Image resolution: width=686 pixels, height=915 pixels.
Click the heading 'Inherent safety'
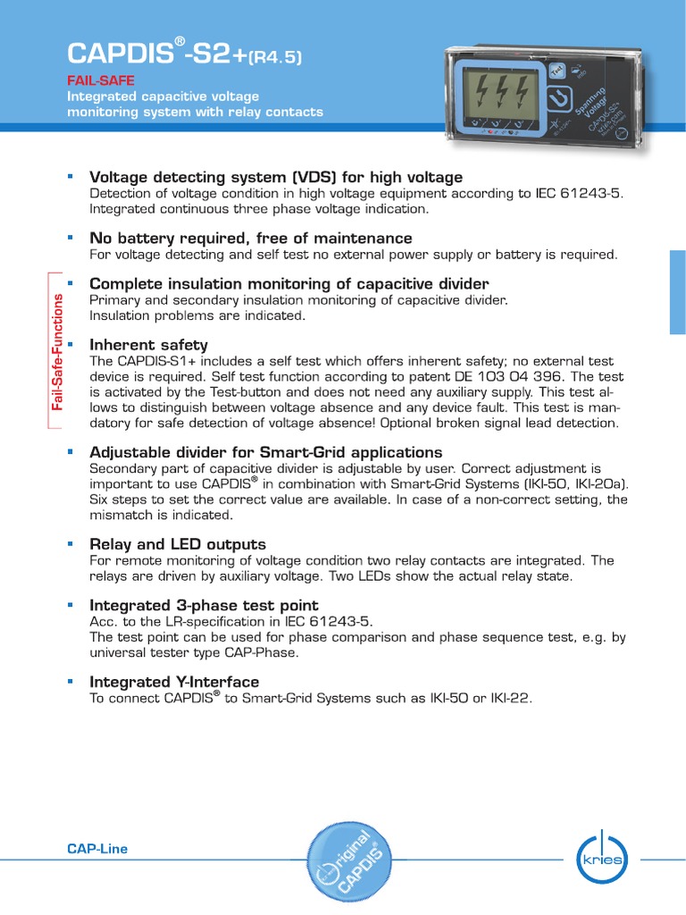148,345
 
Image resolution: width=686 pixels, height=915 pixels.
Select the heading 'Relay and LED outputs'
178,544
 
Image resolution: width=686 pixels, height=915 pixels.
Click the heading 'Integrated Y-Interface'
174,683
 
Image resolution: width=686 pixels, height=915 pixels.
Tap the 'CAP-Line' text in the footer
98,849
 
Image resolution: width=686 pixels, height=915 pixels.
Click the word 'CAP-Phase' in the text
264,653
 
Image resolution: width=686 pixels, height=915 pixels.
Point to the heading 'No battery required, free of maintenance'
251,239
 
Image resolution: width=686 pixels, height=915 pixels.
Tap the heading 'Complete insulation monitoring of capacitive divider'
289,284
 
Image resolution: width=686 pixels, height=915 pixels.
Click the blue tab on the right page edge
678,292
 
